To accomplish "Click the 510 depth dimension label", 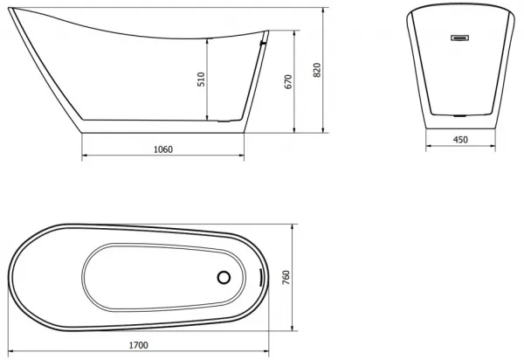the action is [x=201, y=80].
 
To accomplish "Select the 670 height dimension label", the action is [x=288, y=81].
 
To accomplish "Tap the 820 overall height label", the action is [x=317, y=70].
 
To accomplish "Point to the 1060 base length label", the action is [x=163, y=149].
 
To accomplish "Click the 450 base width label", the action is [x=460, y=140].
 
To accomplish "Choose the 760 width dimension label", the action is [x=286, y=278].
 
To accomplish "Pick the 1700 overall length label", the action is [x=138, y=345].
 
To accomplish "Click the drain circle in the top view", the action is [x=224, y=278].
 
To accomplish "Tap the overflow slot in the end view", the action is [x=460, y=38].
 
